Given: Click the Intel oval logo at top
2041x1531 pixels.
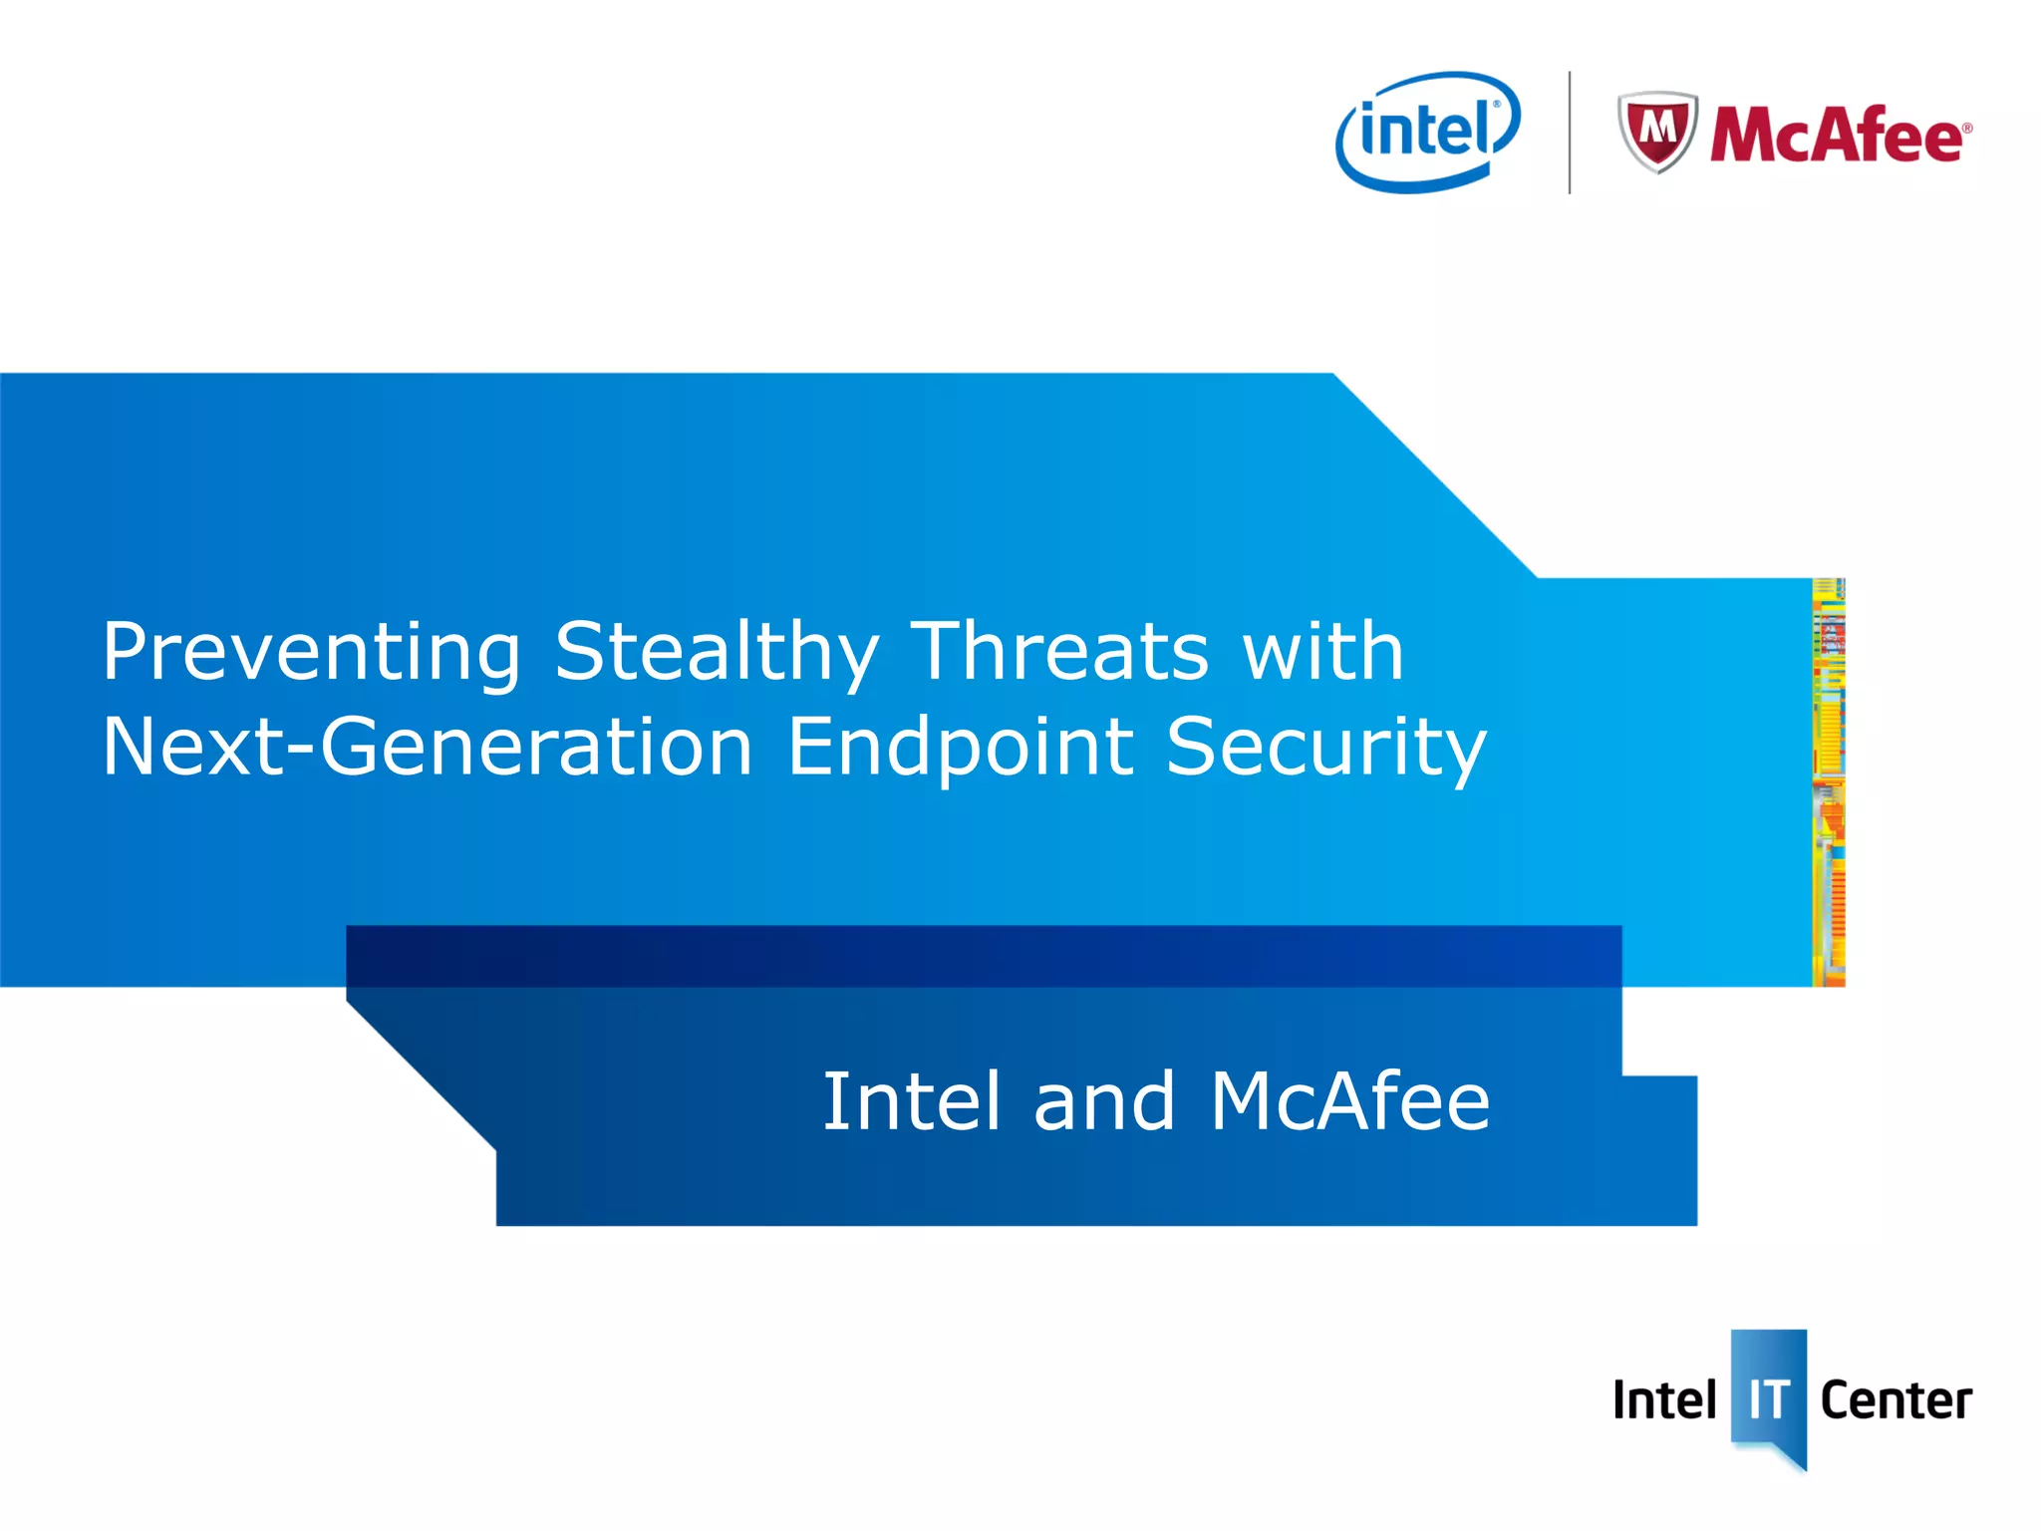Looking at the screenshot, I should click(x=1427, y=132).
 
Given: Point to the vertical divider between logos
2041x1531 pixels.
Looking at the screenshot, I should click(x=1570, y=133).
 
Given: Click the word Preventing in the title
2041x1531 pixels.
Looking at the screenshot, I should click(x=311, y=653).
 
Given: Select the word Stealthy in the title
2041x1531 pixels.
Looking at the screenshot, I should click(x=716, y=653).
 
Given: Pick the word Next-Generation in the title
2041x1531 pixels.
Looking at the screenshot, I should click(x=427, y=748).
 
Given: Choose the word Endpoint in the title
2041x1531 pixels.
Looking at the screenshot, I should click(x=960, y=748).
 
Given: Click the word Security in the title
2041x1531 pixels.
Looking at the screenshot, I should click(x=1325, y=748).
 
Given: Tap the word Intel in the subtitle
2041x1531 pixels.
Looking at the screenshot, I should click(x=910, y=1102).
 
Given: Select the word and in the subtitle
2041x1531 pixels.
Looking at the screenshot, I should click(x=1104, y=1102).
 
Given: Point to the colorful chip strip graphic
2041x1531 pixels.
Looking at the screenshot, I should click(x=1828, y=782).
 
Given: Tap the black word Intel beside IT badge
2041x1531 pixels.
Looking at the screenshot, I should click(x=1663, y=1400).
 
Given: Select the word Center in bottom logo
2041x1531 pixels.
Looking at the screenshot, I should click(x=1895, y=1400).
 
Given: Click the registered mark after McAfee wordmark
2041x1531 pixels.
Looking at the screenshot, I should click(x=1966, y=128).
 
